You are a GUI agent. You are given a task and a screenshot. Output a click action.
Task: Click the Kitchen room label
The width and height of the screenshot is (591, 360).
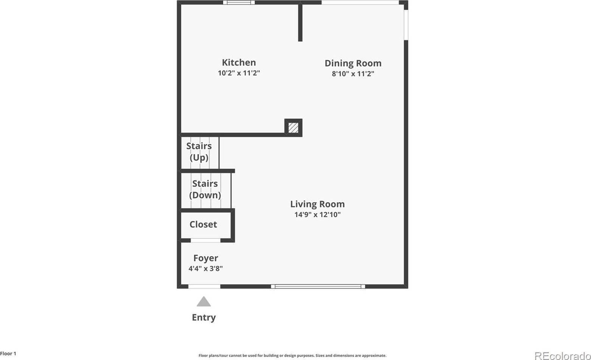[239, 62]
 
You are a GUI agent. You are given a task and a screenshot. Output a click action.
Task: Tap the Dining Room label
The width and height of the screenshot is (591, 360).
[353, 63]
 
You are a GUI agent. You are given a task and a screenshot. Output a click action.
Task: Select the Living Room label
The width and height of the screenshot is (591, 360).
[317, 204]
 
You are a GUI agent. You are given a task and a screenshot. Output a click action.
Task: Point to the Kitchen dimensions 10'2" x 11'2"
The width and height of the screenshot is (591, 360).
[239, 73]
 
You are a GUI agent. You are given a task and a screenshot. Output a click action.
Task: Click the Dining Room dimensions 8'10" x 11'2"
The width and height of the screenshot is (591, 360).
[353, 74]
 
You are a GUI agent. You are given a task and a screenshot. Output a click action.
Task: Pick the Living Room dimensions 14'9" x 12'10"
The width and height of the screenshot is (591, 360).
[317, 215]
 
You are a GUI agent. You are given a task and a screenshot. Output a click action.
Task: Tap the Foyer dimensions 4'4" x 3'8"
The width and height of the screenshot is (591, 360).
[205, 269]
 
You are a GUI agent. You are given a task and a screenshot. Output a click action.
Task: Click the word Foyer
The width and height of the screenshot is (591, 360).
[205, 258]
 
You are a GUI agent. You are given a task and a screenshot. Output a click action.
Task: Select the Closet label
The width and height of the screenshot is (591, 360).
[203, 224]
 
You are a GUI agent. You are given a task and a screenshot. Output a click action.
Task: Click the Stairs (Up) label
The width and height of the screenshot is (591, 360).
[199, 151]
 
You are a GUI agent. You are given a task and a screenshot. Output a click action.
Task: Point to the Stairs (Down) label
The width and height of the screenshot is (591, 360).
[205, 189]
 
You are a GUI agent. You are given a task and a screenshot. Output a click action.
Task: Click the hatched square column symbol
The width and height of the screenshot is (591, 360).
[293, 128]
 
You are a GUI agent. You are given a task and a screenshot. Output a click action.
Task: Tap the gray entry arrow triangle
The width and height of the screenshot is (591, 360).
[204, 302]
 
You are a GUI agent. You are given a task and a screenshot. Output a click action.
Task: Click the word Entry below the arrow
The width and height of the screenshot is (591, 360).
[204, 318]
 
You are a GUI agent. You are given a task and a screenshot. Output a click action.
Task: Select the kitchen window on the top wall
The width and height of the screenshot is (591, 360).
[239, 3]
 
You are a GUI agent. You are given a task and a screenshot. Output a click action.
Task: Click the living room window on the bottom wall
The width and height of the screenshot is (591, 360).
[318, 287]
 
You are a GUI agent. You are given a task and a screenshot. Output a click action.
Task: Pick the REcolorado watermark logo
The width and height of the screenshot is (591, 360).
[562, 355]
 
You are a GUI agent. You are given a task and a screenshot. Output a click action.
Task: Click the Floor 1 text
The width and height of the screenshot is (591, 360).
[8, 354]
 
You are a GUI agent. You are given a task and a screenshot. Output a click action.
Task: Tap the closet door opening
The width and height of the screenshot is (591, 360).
[205, 240]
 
